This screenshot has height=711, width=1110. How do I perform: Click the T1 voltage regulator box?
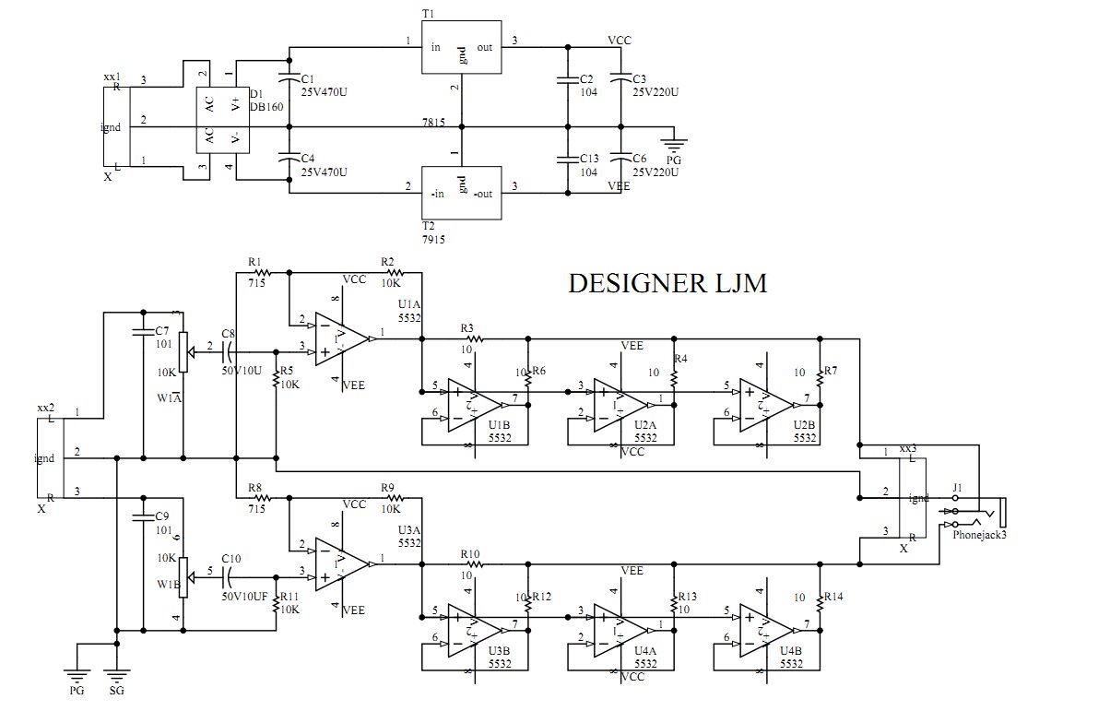(462, 46)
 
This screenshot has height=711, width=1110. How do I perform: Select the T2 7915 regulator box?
(462, 193)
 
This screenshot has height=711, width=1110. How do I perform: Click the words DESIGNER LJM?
(667, 284)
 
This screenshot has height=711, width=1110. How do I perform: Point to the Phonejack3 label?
(979, 534)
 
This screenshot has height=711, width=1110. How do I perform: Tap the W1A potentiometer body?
(183, 352)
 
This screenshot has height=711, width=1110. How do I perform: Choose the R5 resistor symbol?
(277, 381)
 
